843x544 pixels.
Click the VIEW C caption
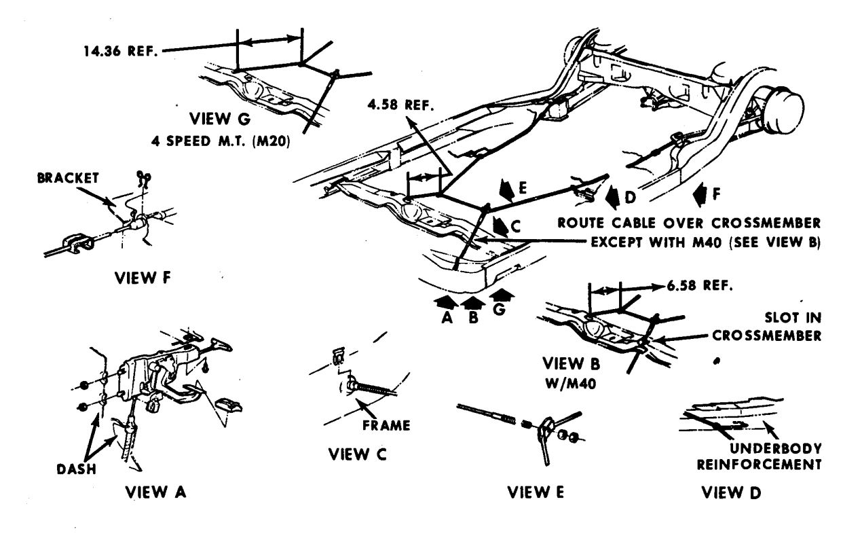(351, 455)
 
